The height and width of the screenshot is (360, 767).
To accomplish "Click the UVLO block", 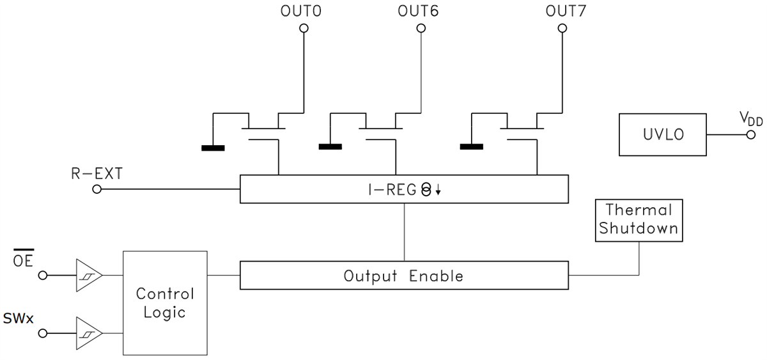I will pyautogui.click(x=663, y=135).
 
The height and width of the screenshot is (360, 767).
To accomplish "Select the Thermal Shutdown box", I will pyautogui.click(x=639, y=219).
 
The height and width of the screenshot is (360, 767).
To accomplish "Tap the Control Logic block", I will pyautogui.click(x=166, y=303).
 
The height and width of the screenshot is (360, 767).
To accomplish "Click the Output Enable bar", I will pyautogui.click(x=403, y=276).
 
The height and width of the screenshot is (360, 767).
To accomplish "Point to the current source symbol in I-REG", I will pyautogui.click(x=426, y=189).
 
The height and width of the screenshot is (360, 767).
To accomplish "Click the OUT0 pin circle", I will pyautogui.click(x=304, y=28).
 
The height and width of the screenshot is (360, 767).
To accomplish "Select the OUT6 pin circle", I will pyautogui.click(x=421, y=28).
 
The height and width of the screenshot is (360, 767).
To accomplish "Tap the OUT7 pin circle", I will pyautogui.click(x=562, y=28).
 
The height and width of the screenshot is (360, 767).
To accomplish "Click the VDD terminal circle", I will pyautogui.click(x=750, y=135).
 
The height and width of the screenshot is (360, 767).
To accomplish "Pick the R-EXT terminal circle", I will pyautogui.click(x=97, y=189).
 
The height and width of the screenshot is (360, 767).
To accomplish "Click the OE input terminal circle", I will pyautogui.click(x=43, y=276).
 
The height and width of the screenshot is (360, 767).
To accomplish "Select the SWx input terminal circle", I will pyautogui.click(x=43, y=333).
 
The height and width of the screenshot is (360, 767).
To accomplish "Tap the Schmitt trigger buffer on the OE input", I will pyautogui.click(x=88, y=276).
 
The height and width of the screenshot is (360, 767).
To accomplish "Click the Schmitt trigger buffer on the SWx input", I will pyautogui.click(x=88, y=333).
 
